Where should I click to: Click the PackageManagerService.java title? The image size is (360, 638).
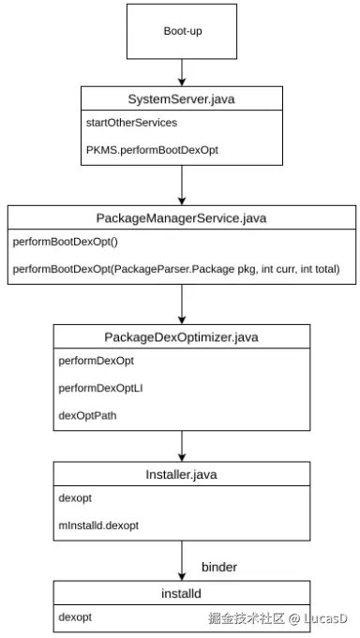pos(182,217)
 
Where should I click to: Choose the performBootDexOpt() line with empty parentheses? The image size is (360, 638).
pos(54,242)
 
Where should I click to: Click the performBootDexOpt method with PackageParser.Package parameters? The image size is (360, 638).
pos(175,269)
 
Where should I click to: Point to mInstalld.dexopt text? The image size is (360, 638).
pos(98,526)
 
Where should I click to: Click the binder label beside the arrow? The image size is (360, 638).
pos(219,567)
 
